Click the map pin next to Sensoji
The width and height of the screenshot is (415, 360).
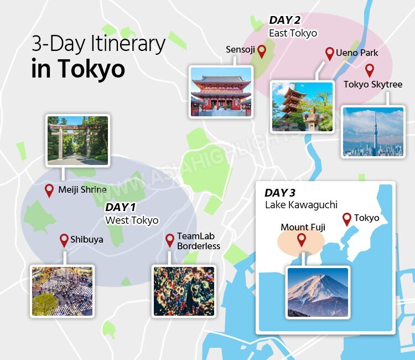click(x=262, y=52)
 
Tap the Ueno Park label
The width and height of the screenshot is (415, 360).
click(x=357, y=53)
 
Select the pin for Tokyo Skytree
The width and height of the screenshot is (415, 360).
click(x=370, y=70)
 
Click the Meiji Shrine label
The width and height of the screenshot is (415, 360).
click(x=82, y=190)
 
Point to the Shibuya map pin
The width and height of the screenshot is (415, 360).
click(x=64, y=240)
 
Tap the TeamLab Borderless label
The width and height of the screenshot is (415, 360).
click(x=198, y=241)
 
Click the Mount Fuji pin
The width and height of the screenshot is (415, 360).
click(x=302, y=239)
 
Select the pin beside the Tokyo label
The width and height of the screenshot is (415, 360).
click(x=347, y=219)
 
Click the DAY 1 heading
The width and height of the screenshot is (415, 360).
click(x=121, y=207)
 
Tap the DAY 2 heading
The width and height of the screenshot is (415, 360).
click(x=284, y=20)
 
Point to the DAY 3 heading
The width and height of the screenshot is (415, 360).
click(x=280, y=193)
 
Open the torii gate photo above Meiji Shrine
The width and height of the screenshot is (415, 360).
click(x=77, y=140)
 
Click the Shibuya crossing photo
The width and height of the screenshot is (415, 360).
click(x=62, y=291)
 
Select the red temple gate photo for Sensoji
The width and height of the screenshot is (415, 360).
click(x=220, y=92)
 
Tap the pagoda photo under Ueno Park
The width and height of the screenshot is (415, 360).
click(x=302, y=107)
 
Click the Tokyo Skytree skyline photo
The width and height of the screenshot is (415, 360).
click(x=373, y=132)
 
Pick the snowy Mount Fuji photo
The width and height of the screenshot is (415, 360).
click(x=318, y=292)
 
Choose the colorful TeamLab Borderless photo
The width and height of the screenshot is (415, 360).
click(x=183, y=291)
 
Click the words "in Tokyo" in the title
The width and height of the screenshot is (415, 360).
click(x=78, y=69)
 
